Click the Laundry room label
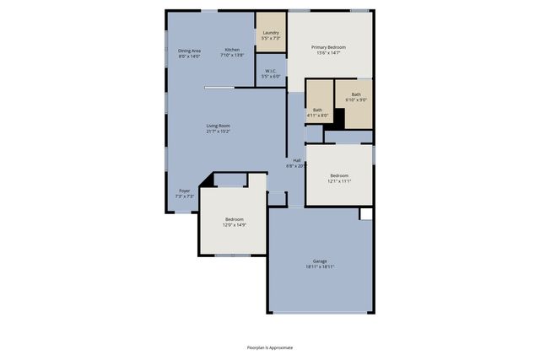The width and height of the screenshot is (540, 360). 270,33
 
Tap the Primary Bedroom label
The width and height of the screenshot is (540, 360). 329,47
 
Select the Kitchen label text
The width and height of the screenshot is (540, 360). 232,50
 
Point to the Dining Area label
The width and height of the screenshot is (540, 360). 189,51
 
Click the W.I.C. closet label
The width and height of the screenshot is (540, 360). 270,71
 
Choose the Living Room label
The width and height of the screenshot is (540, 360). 219,126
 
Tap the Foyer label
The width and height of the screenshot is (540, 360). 184,191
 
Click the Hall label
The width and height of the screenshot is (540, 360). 296,160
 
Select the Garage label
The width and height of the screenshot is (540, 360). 320,261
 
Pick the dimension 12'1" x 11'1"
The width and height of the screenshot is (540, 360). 338,181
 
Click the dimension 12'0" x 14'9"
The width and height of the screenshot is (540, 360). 234,225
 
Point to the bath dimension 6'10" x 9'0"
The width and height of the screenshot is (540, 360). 356,100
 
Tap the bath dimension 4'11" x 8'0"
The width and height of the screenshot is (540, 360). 317,115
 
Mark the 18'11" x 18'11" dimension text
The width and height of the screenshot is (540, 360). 320,267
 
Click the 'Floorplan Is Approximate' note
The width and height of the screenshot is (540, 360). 270,347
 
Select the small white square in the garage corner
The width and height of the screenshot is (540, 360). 365,214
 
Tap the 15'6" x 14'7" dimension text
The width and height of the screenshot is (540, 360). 329,53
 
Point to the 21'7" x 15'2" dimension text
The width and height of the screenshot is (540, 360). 219,132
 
